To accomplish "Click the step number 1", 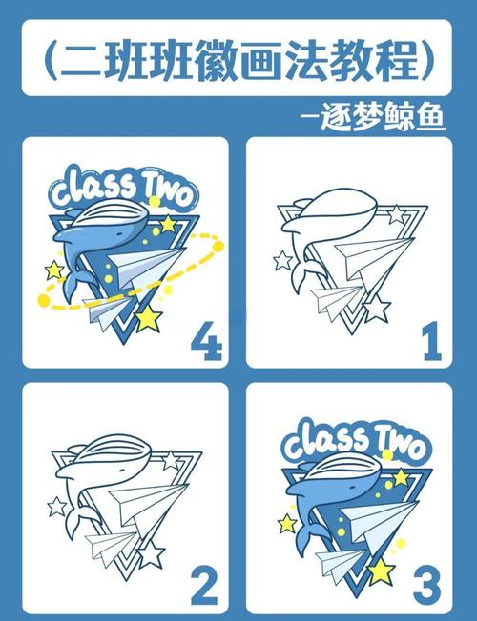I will coord(431,341).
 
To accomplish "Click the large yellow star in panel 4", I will coord(149,318).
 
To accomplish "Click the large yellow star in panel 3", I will coord(381,570).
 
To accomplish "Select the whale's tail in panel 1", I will coord(299,282).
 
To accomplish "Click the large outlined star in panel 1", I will coord(377,308).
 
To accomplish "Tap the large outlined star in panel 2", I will coord(151,553).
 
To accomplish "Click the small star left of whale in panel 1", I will coord(282,260).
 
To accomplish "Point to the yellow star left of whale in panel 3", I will coord(287,523).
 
